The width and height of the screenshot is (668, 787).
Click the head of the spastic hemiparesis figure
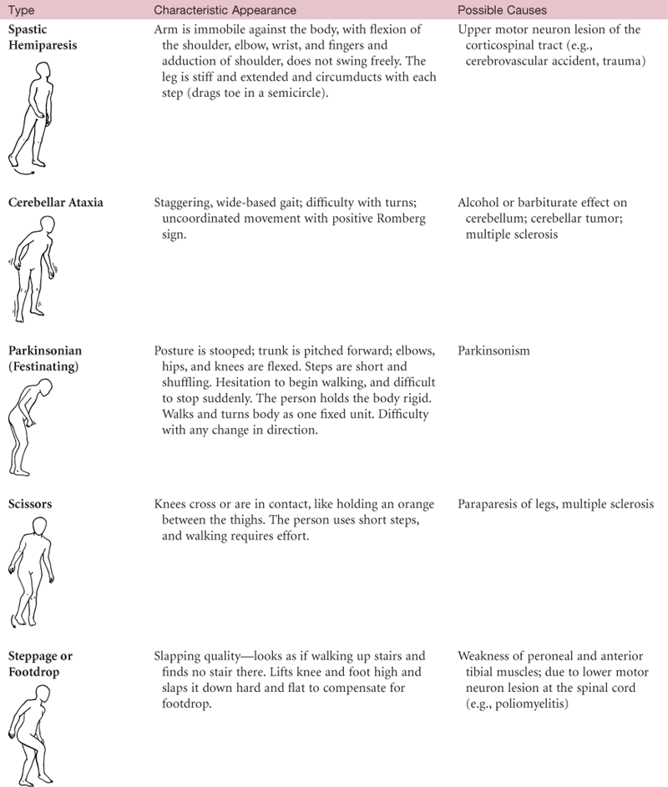click(x=37, y=66)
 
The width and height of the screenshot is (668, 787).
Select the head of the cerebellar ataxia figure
click(x=41, y=226)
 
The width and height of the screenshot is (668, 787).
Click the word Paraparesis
click(x=492, y=504)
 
